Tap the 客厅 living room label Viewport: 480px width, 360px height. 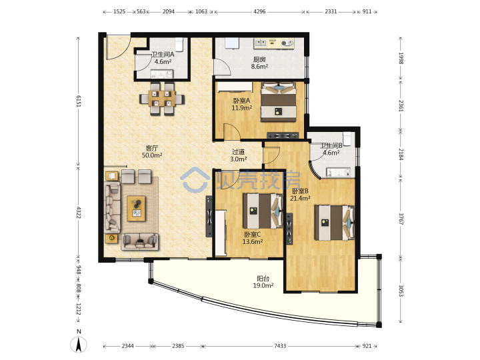152,148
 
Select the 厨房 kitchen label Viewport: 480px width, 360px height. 259,59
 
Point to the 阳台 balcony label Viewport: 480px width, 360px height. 263,279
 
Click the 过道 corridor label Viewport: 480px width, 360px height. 238,152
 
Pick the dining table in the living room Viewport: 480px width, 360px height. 162,99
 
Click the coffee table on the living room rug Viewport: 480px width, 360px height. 136,209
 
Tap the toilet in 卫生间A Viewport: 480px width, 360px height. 179,44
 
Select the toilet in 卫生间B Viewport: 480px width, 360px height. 347,139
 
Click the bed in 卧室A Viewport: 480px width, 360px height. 279,102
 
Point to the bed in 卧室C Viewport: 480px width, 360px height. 263,211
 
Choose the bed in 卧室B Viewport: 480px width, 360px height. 335,223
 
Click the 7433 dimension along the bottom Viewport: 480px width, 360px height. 280,346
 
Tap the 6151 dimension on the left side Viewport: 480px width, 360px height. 79,101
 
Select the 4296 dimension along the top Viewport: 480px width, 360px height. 259,11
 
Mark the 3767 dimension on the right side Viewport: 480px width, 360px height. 401,219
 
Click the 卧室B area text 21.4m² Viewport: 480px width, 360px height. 300,198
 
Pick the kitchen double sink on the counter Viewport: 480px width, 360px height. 261,43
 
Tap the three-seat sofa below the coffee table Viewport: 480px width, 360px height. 140,241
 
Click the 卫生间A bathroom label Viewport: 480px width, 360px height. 163,55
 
